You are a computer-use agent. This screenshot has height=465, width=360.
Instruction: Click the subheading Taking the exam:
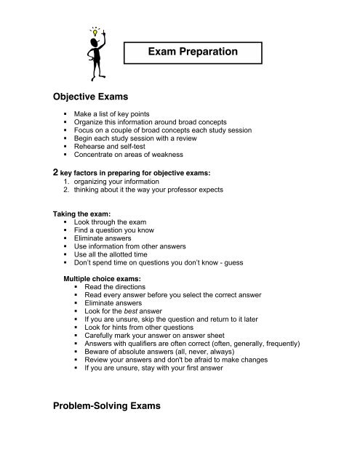84,215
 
